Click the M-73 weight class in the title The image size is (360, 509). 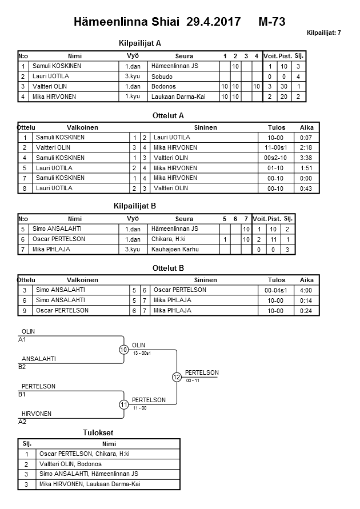coord(271,22)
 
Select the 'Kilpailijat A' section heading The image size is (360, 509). coord(140,43)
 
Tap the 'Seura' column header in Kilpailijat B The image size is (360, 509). coord(184,219)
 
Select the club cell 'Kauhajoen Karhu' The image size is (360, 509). coord(172,250)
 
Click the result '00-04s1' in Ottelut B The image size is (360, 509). coord(276,290)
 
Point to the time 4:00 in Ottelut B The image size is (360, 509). coord(307,290)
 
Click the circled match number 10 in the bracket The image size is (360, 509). coord(124,350)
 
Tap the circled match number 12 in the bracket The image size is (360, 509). coord(177,377)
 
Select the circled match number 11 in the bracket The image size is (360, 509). coord(124,404)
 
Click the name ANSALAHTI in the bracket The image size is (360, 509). coord(39,359)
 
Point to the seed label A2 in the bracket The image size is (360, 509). coord(23,422)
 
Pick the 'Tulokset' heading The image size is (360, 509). coord(100,433)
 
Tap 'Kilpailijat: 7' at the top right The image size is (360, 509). coord(323,33)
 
